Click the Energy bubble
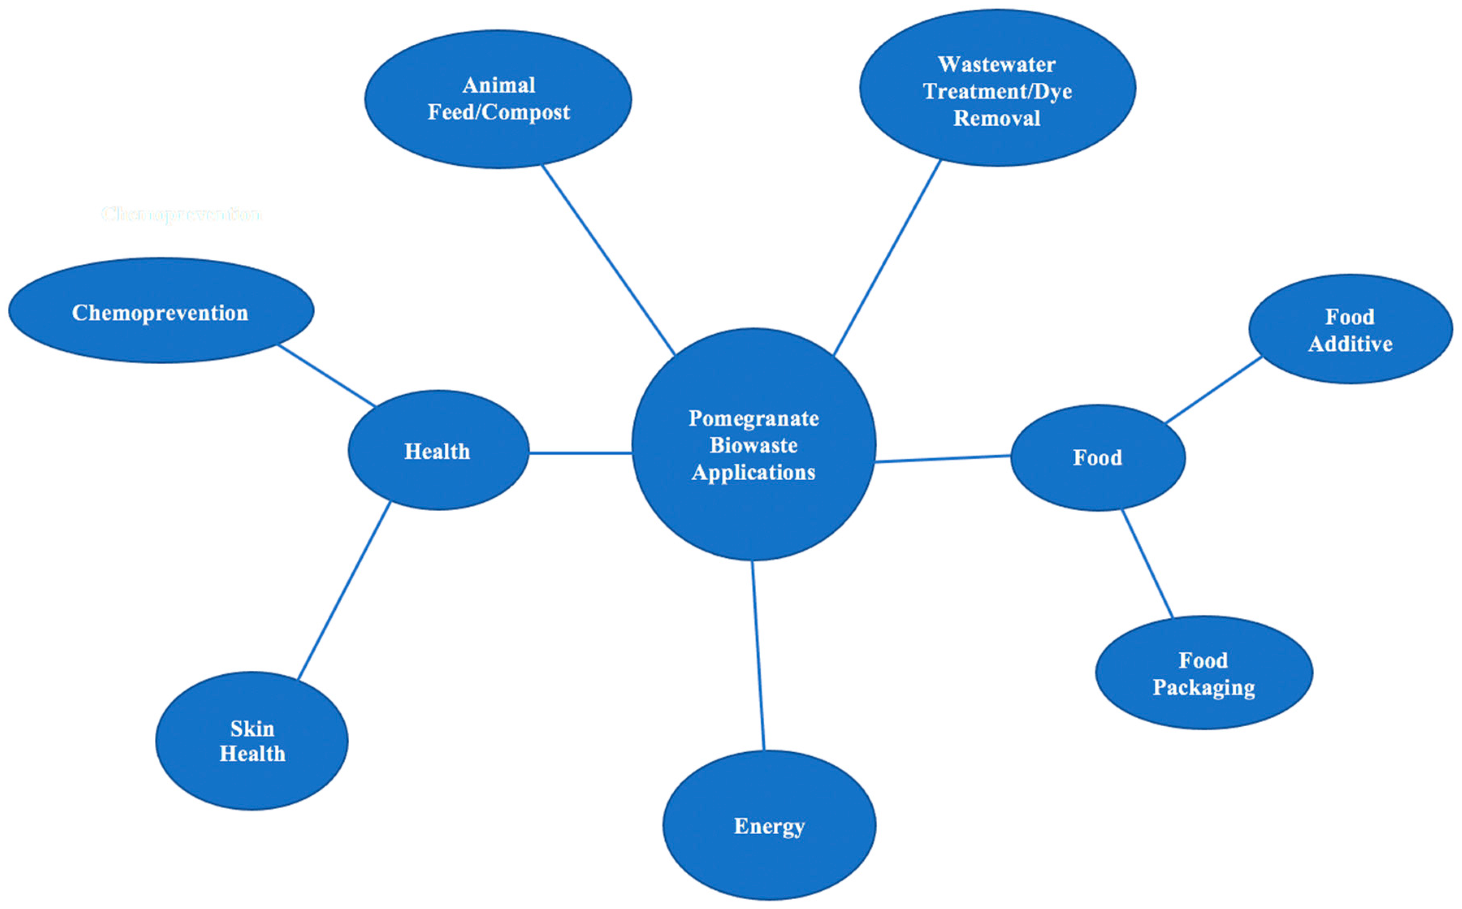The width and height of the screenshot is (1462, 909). click(x=769, y=825)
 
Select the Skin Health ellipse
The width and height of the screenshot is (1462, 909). click(x=251, y=741)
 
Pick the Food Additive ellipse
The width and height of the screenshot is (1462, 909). click(x=1350, y=329)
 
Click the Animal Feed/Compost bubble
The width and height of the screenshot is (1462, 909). click(x=498, y=99)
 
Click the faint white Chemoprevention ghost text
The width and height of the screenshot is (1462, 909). click(x=181, y=214)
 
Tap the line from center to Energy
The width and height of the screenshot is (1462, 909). click(x=758, y=655)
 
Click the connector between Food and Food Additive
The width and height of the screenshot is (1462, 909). click(x=1213, y=390)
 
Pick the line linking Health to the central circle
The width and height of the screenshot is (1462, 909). click(x=580, y=453)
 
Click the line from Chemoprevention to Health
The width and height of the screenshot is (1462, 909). click(x=327, y=375)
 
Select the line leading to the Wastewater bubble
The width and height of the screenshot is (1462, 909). click(x=887, y=259)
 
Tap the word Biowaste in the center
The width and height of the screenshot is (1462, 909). click(x=754, y=445)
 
